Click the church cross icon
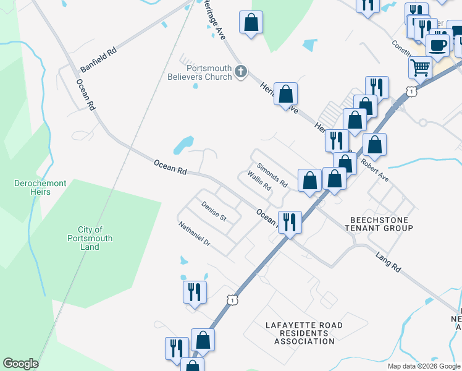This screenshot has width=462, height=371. tap(240, 72)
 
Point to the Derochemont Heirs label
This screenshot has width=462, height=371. tap(33, 187)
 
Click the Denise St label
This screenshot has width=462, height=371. tap(214, 210)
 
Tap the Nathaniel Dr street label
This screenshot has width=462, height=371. tap(195, 234)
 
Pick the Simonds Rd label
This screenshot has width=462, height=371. tap(272, 176)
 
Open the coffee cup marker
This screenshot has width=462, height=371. tap(437, 45)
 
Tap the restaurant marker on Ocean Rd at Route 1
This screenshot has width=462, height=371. tap(289, 221)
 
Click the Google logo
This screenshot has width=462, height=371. tap(20, 364)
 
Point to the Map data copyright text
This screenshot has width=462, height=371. tap(423, 366)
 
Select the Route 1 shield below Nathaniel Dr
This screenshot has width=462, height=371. tap(232, 299)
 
